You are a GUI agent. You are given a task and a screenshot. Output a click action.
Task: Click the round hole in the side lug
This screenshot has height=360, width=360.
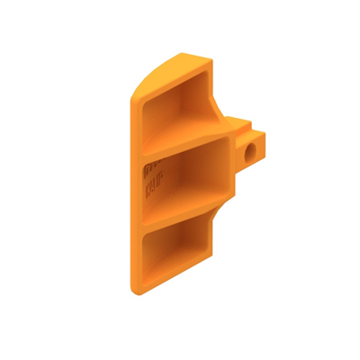click(248, 152)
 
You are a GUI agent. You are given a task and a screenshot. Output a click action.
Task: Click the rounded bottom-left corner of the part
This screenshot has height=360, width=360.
click(135, 290)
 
